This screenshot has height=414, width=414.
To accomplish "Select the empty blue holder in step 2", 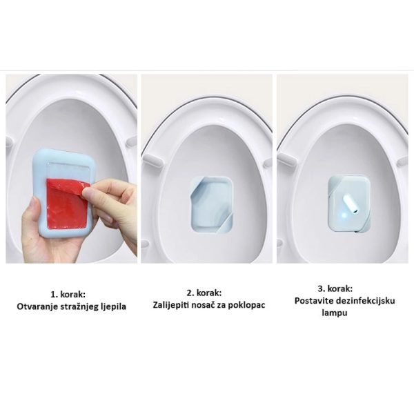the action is coord(212,205).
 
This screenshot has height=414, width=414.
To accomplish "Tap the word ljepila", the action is coord(114,307).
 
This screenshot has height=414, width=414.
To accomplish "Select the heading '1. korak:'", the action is coord(68,294).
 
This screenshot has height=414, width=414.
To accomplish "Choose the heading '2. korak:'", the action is coord(204,293).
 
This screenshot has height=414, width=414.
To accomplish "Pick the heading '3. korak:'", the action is coord(335,288).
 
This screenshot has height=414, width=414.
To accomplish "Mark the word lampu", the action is coord(335,313).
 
